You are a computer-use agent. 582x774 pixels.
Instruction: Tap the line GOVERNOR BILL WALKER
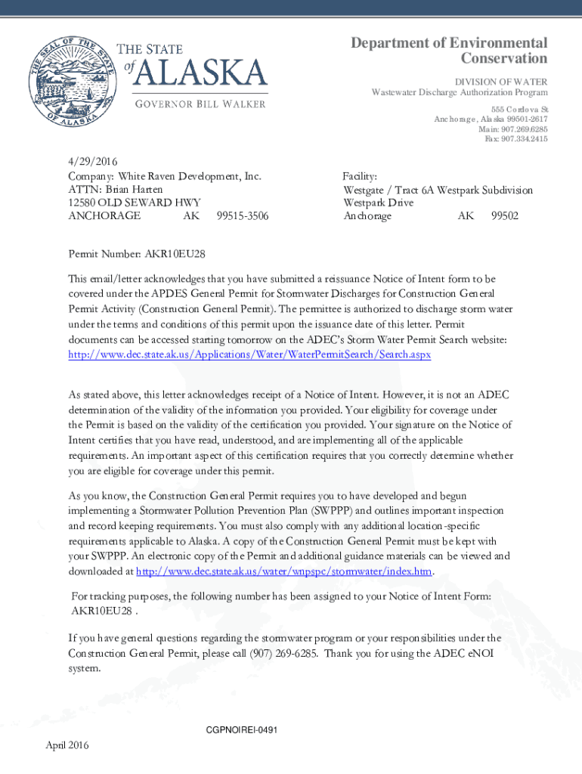coord(200,104)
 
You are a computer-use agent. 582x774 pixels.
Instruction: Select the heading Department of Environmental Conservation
coord(449,51)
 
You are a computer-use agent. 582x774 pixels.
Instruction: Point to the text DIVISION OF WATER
coord(500,82)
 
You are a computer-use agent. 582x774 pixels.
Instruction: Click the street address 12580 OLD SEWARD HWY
coord(129,203)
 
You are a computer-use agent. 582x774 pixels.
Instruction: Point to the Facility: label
coord(360,175)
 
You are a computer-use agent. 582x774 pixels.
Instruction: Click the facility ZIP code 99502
coord(505,216)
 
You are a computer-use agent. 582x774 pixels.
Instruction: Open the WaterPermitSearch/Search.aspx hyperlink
coord(249,354)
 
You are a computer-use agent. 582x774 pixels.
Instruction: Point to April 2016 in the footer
coord(67,746)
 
